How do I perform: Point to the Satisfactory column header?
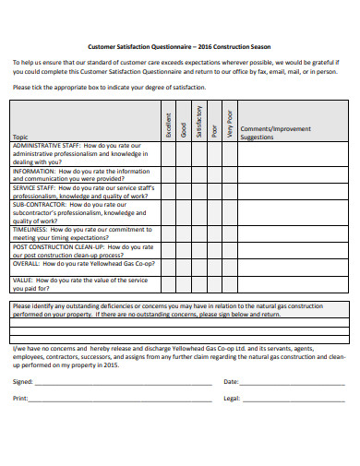click(200, 125)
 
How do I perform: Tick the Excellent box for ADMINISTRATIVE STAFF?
click(169, 153)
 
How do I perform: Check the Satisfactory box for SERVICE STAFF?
click(200, 192)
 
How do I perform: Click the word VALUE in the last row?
click(23, 280)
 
